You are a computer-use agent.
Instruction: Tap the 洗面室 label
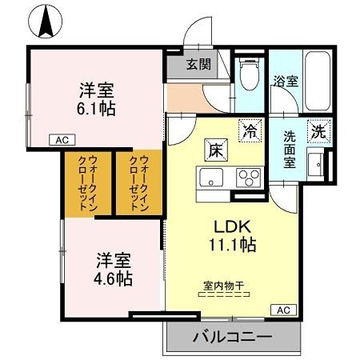pyautogui.click(x=290, y=150)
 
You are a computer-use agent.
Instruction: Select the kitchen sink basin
pyautogui.click(x=213, y=177)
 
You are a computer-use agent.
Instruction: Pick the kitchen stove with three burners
pyautogui.click(x=250, y=177)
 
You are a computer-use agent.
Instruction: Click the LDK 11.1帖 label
pyautogui.click(x=232, y=233)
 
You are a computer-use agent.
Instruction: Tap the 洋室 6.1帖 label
pyautogui.click(x=96, y=99)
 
